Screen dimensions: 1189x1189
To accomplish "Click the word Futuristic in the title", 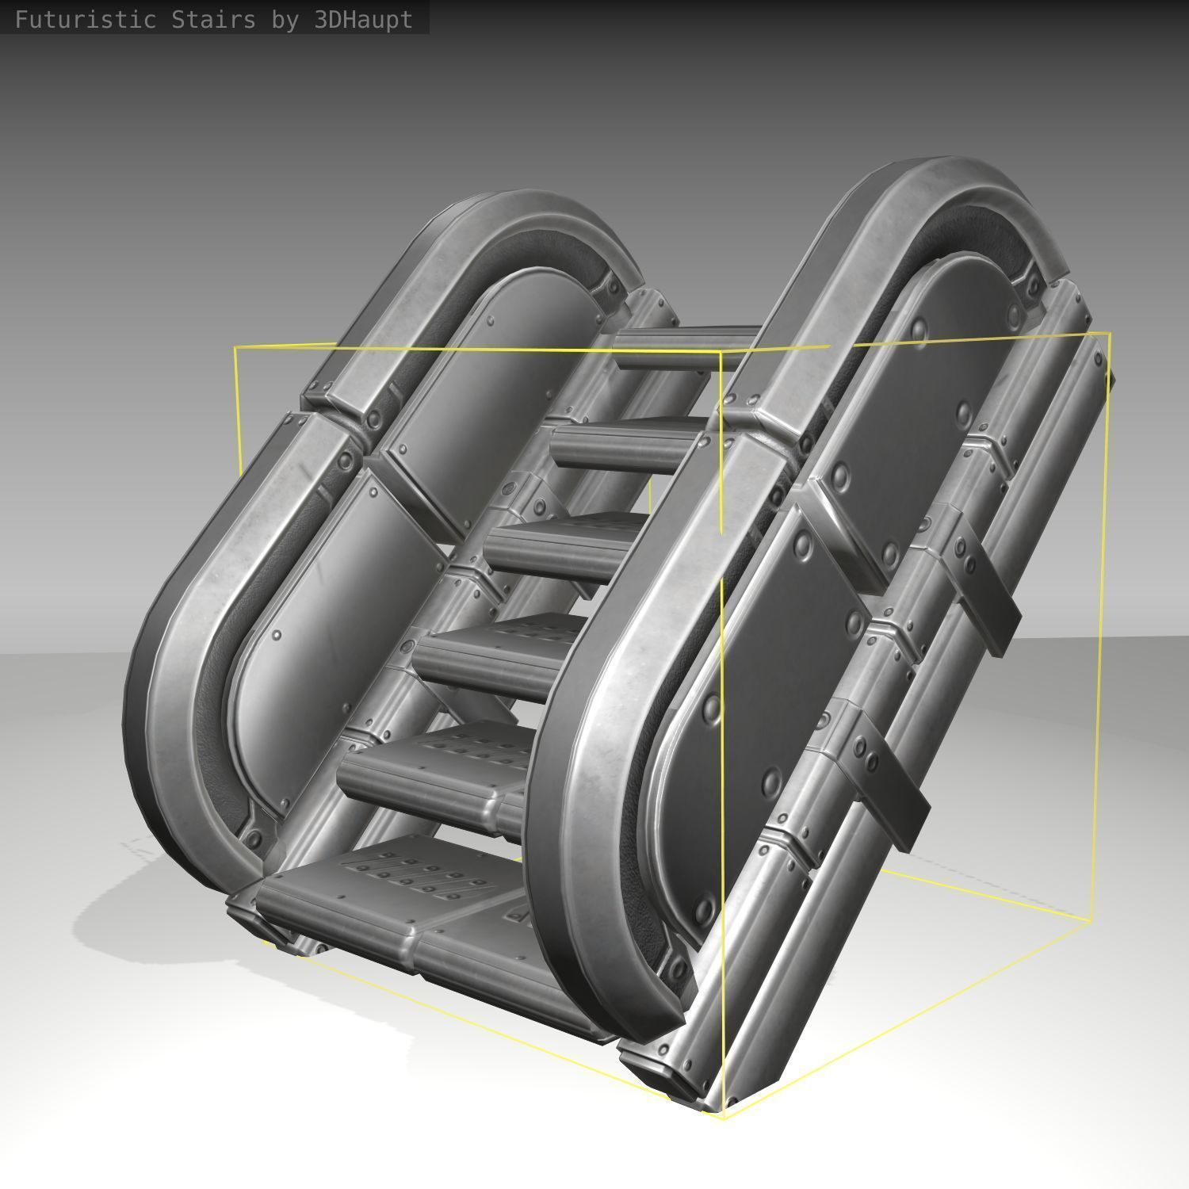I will point(85,20).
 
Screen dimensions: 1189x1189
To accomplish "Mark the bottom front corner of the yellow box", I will point(723,1116).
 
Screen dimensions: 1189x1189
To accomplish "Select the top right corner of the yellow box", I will point(1110,334).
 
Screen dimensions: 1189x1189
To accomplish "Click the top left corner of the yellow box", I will point(235,348).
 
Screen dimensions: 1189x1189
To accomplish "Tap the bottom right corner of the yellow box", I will point(1092,919).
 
